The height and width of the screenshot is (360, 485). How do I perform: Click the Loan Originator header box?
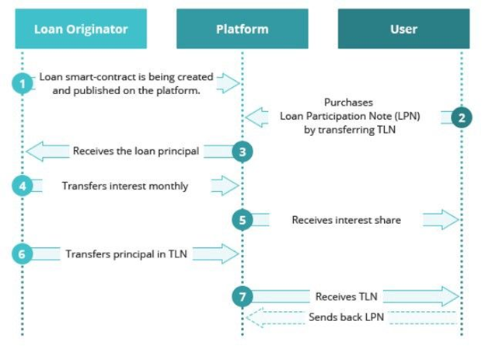point(81,29)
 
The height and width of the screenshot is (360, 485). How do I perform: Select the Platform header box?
point(242,29)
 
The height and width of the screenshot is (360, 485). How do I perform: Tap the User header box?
point(403,29)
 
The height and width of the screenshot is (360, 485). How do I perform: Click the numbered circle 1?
point(23,83)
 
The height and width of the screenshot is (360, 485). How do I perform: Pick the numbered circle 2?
point(462,117)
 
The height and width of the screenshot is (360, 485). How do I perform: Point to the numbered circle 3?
point(242,152)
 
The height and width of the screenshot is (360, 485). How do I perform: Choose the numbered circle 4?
point(23,186)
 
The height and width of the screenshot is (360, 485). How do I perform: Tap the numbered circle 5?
point(242,220)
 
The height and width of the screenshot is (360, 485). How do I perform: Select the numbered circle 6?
point(23,254)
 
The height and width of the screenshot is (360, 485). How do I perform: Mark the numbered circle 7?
point(242,296)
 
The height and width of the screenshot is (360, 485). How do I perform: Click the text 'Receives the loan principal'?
point(136,151)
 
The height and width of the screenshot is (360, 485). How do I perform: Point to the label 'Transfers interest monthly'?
point(125,186)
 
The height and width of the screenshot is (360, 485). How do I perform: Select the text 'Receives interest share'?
point(347,220)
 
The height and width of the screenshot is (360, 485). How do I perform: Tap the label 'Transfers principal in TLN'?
point(126,253)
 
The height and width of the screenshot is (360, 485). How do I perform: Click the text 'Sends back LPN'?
point(347,317)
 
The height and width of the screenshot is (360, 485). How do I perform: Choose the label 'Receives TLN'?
point(347,296)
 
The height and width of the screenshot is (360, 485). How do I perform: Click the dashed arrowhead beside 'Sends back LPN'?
point(254,317)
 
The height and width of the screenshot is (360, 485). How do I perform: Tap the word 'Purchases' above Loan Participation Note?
point(348,102)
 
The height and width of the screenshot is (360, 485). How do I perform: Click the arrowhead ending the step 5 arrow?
point(451,219)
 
